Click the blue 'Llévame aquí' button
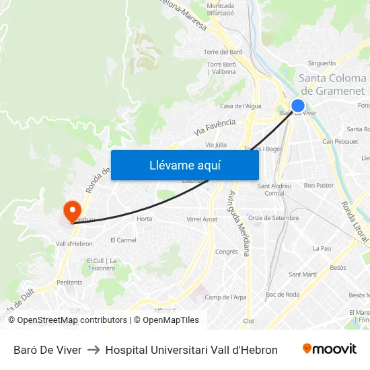point(184,165)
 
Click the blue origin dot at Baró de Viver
point(297,106)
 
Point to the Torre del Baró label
point(223,52)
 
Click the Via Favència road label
point(215,126)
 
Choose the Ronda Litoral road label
point(354,221)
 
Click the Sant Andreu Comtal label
point(274,190)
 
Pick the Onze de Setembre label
point(273,218)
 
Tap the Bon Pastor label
point(319,185)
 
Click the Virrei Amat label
point(202,219)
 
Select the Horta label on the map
point(144,219)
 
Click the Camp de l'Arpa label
point(225,297)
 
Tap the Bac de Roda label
point(283,295)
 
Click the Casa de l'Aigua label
point(240,106)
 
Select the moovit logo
point(330,349)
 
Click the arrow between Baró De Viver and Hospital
point(94,350)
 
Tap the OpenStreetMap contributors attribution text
point(73,320)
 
